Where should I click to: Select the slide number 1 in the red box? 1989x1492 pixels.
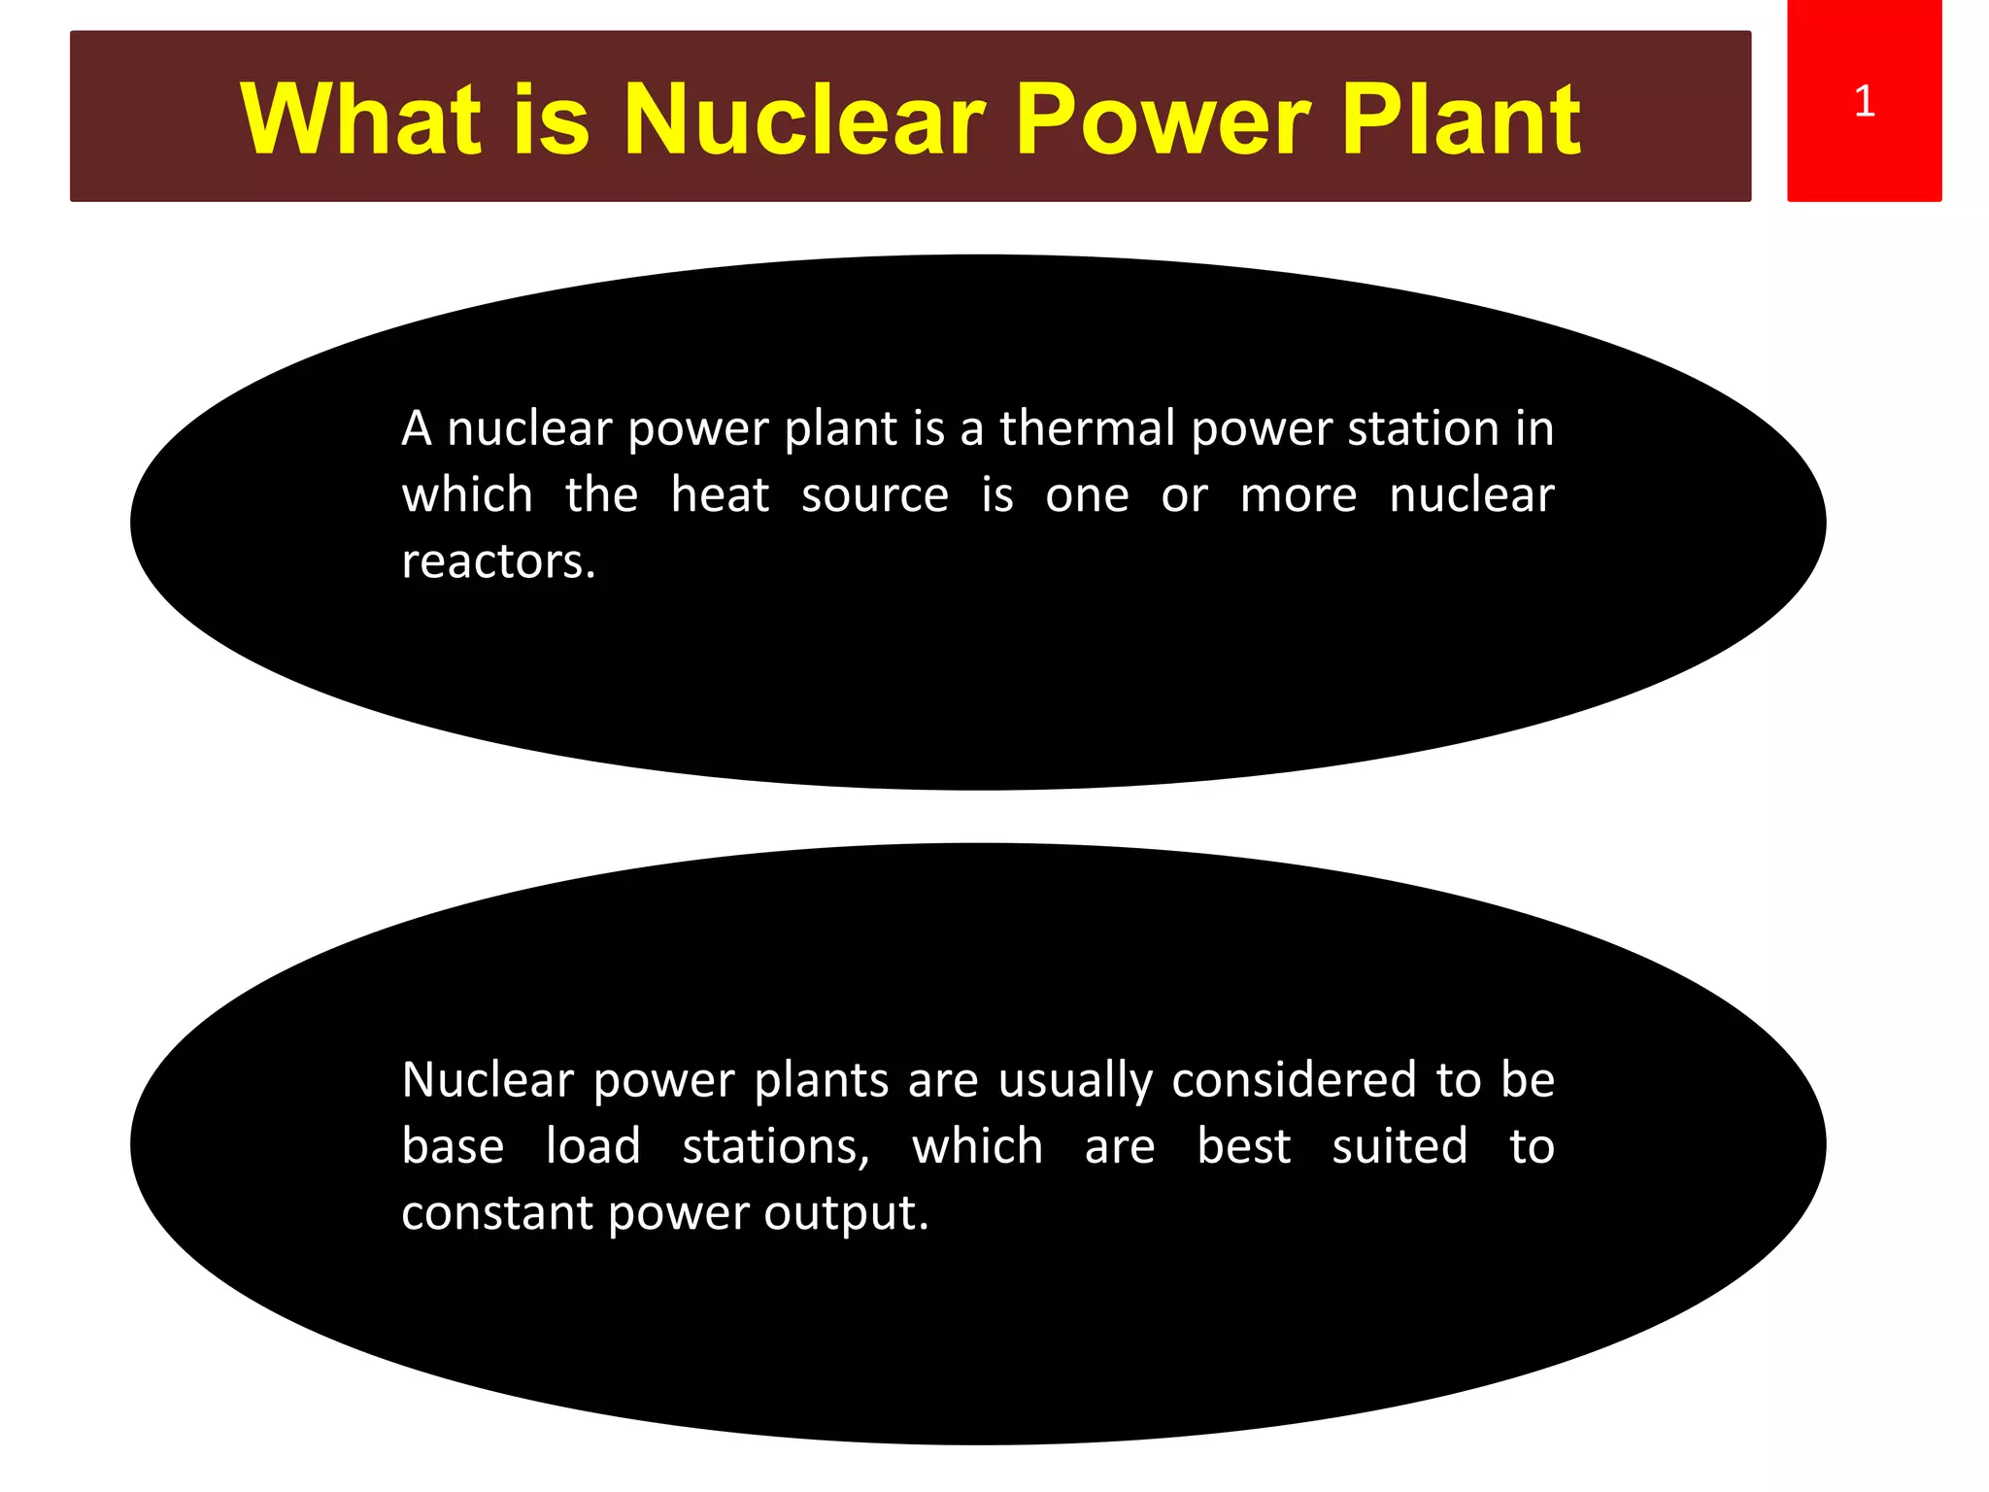coord(1864,101)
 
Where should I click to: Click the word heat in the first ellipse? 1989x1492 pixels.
coord(720,494)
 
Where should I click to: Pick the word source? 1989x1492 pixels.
coord(874,495)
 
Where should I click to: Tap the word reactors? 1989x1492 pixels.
coord(498,561)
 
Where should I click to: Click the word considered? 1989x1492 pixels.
coord(1295,1080)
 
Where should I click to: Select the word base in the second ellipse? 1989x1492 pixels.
coord(453,1146)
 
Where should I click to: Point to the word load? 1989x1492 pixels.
coord(592,1146)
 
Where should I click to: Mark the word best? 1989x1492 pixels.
coord(1243,1146)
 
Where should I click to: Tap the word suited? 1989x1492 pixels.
coord(1399,1146)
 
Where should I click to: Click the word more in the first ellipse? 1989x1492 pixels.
coord(1298,495)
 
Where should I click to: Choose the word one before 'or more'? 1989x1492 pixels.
coord(1087,495)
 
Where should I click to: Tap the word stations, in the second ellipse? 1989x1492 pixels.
coord(776,1147)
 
